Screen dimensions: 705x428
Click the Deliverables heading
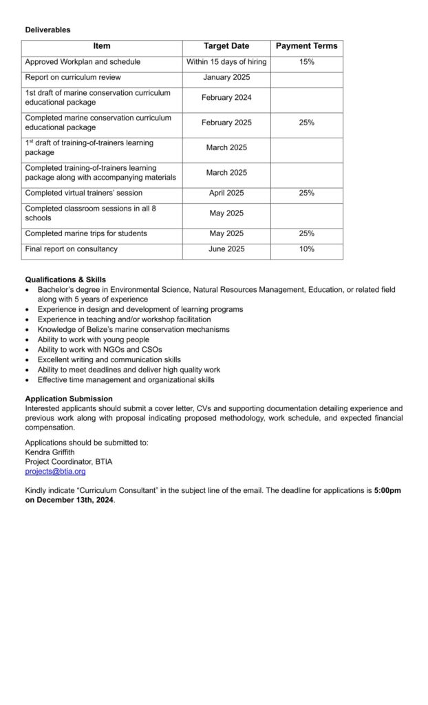(47, 30)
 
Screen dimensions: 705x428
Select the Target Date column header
(226, 46)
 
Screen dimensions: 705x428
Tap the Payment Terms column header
(306, 46)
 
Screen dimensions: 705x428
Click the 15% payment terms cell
(306, 62)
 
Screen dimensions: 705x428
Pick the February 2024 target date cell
(226, 98)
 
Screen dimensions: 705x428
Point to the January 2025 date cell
(226, 77)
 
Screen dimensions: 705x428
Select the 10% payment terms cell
(306, 249)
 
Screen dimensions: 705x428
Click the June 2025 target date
(226, 249)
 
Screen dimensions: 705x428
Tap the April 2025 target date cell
(226, 193)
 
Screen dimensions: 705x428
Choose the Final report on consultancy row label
(71, 249)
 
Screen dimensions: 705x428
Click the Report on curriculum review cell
(73, 77)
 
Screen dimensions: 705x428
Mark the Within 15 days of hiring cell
(226, 62)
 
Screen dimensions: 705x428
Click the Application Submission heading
(69, 399)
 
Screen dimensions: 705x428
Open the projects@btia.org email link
(55, 472)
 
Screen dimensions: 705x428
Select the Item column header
(101, 46)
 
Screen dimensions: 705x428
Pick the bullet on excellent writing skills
(109, 359)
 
